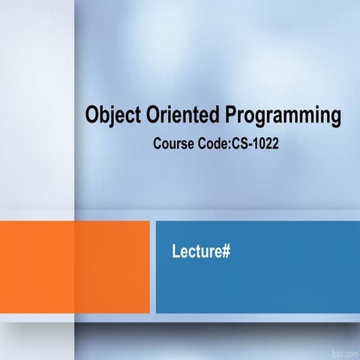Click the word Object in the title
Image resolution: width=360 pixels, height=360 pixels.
point(112,116)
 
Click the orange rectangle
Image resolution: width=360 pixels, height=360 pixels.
point(74,265)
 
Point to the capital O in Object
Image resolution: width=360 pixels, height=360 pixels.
point(93,116)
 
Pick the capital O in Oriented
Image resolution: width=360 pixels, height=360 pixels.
point(150,116)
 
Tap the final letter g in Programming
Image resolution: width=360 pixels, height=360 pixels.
point(334,118)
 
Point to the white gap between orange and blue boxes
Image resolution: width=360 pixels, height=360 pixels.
point(152,265)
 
